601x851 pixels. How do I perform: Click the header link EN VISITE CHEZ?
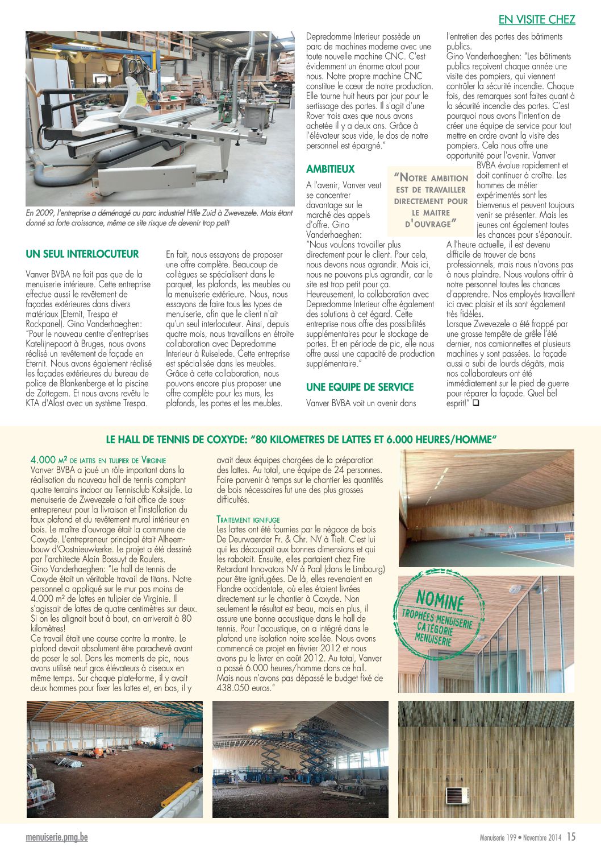coord(537,20)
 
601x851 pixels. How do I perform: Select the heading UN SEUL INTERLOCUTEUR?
coord(82,254)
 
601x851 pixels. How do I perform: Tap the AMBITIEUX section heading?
coord(330,169)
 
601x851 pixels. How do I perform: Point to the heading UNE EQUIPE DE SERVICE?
coord(360,387)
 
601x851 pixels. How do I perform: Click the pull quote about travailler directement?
coord(431,201)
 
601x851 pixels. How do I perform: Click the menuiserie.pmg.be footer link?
coord(57,837)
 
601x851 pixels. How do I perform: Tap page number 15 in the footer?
coord(571,837)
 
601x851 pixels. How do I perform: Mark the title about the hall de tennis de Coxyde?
coord(302,439)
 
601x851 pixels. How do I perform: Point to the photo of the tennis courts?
coord(486,508)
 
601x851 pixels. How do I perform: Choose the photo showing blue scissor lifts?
coord(300,759)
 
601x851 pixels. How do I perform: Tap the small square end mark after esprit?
coord(475,403)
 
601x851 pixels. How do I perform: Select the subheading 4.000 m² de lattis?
coord(98,460)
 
